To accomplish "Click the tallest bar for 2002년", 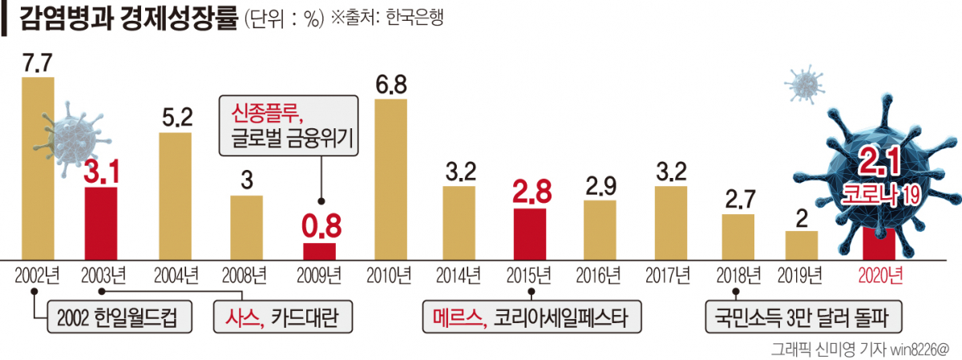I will point(38,168).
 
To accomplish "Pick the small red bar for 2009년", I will point(319,251).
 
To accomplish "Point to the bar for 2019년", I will point(801,245).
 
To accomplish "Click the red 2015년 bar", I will point(529,233).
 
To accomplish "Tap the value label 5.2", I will point(176,118).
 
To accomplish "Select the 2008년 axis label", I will point(246,277).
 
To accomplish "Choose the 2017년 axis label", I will point(669,277).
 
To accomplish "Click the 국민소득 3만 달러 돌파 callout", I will point(802,318).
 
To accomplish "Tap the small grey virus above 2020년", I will point(804,84).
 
